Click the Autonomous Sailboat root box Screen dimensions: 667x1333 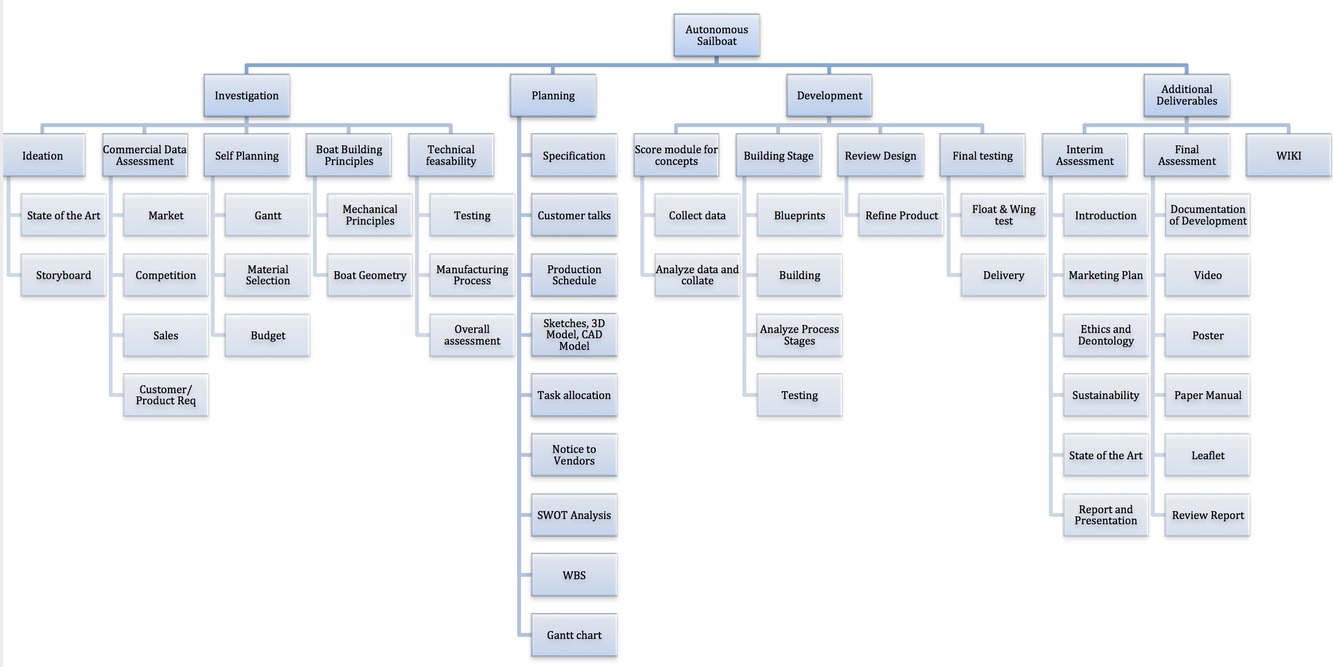[716, 35]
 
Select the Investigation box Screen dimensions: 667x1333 [246, 96]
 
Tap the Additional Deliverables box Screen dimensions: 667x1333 [1186, 96]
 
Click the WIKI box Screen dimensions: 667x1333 [1288, 155]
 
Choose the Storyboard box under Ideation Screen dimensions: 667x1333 [63, 275]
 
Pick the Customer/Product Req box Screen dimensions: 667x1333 [165, 395]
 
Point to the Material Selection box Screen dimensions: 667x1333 [267, 275]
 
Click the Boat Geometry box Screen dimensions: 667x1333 [370, 275]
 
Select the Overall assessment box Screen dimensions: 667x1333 [472, 335]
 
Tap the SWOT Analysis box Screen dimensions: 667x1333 [574, 515]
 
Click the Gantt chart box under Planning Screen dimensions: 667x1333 [574, 635]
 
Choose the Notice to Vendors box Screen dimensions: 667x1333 [574, 455]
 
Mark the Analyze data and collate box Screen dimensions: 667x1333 [697, 275]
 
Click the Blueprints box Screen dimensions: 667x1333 [799, 216]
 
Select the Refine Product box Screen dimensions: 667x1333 [901, 216]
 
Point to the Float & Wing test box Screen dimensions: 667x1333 [1003, 216]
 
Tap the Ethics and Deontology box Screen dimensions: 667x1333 [1105, 335]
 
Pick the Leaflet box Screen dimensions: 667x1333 [1207, 455]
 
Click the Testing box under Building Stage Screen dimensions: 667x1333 [799, 395]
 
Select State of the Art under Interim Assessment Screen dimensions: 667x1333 [1105, 455]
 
